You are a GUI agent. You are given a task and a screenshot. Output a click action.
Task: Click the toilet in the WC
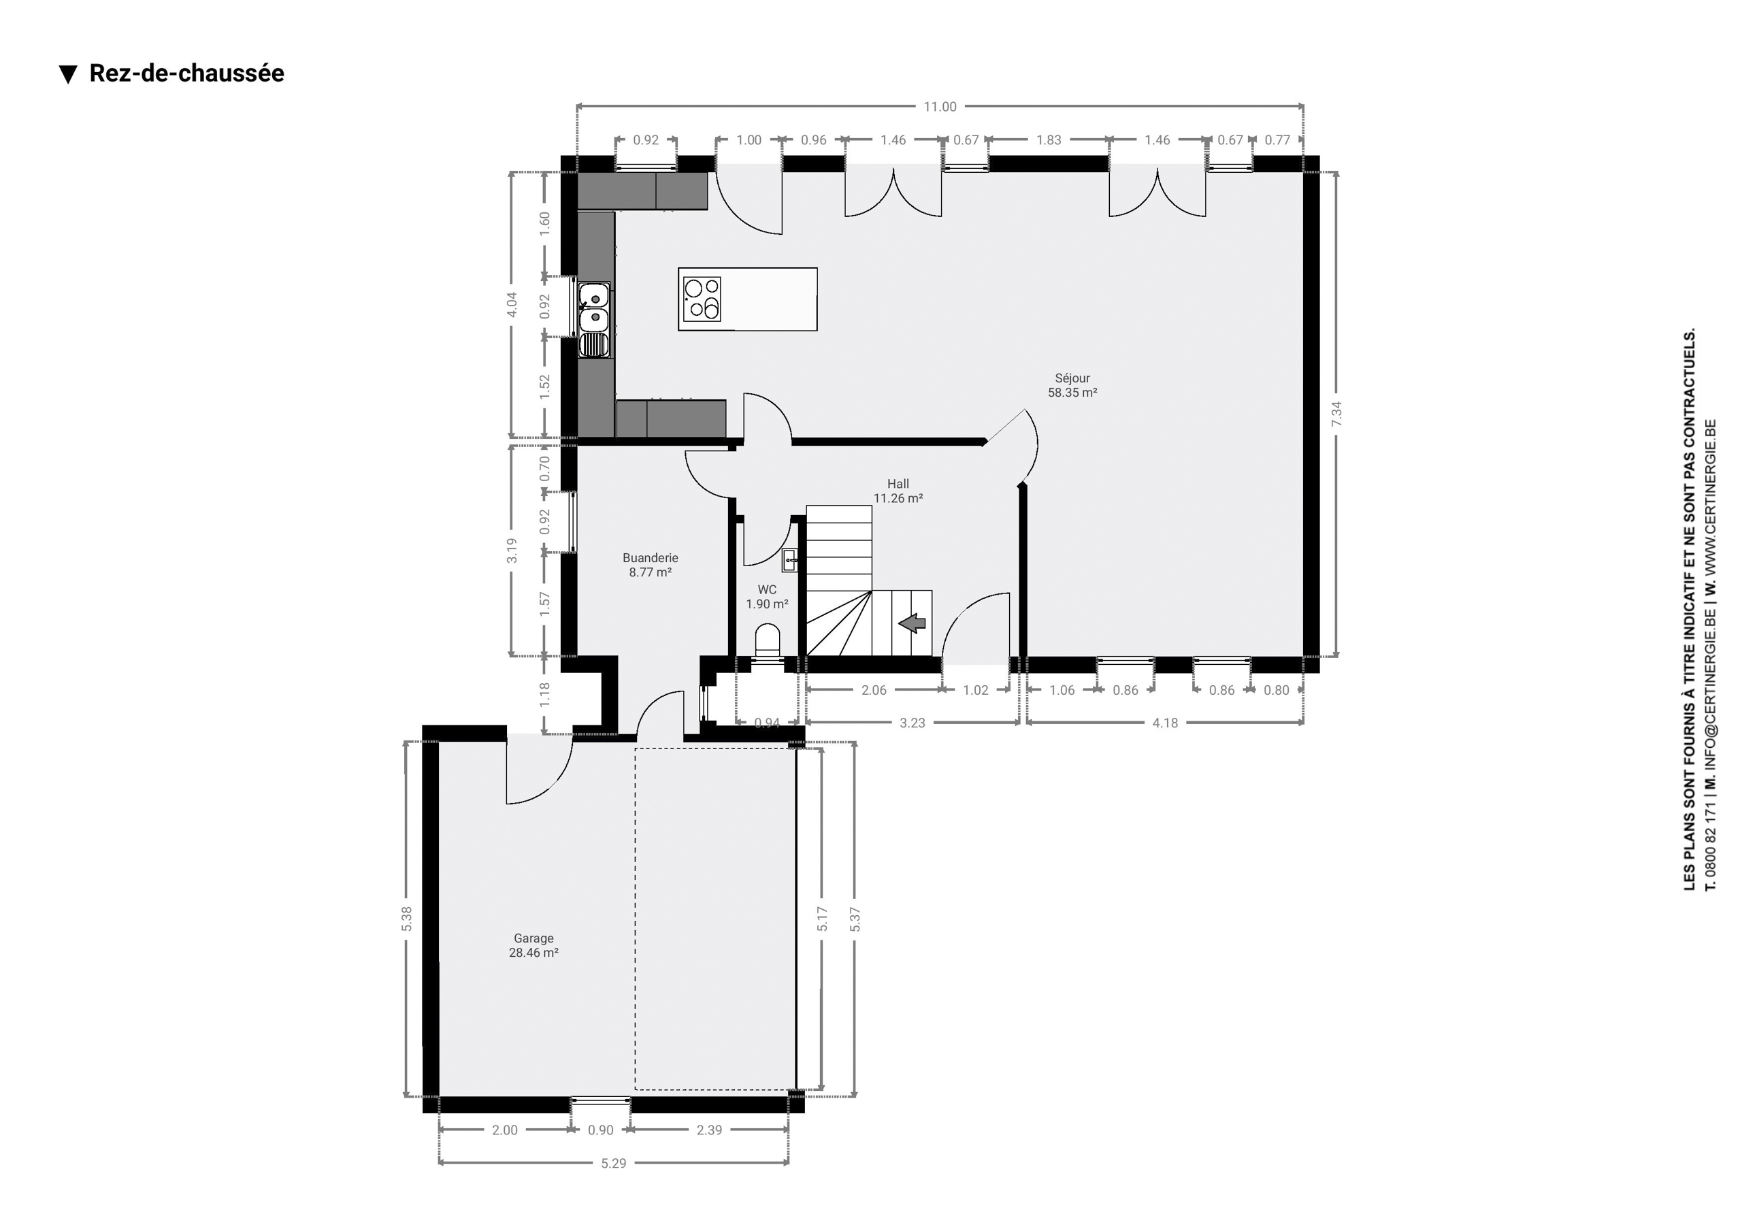point(768,640)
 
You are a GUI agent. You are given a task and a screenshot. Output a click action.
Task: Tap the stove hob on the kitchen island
point(702,299)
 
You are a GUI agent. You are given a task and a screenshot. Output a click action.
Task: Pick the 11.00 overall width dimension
point(939,107)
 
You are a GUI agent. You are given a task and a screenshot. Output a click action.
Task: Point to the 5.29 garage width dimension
point(613,1163)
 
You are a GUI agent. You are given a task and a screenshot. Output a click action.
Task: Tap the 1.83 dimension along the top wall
point(1049,139)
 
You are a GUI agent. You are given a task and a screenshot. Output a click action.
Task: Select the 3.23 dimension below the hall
point(912,723)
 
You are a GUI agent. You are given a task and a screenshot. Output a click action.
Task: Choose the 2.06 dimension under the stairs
point(873,690)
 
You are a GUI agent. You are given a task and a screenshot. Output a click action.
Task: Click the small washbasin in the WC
point(790,561)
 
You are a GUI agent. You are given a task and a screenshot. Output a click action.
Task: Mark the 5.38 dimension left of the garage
point(407,919)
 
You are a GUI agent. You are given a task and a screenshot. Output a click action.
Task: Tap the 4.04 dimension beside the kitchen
point(512,304)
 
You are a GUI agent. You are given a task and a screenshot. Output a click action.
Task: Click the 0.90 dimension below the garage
point(600,1130)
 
